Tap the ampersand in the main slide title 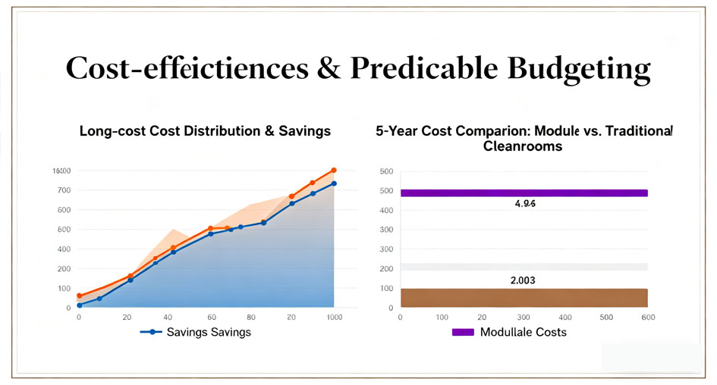[330, 68]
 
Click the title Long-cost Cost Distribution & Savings [205, 131]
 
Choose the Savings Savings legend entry [196, 332]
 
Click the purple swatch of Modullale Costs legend [463, 332]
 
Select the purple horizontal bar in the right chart [524, 192]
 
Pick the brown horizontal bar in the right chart [524, 297]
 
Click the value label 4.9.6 [524, 204]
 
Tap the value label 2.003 [524, 280]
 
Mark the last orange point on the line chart [333, 171]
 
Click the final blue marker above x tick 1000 [333, 183]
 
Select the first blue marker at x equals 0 [79, 305]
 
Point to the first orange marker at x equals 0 [79, 296]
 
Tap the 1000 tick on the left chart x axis [332, 318]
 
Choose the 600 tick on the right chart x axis [648, 318]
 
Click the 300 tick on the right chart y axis [386, 230]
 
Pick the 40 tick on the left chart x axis [168, 318]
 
